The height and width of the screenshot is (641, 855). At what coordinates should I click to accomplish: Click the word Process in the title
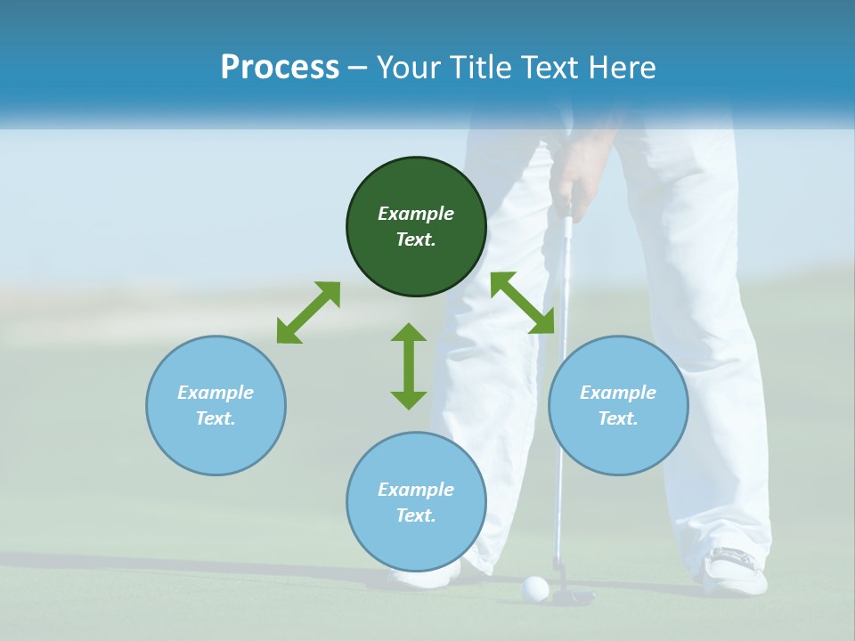pyautogui.click(x=280, y=68)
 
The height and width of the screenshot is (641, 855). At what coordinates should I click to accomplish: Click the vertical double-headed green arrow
pyautogui.click(x=409, y=366)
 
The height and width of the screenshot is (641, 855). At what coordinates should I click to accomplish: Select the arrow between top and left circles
pyautogui.click(x=308, y=312)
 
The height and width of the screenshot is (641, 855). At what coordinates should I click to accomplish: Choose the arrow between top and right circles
pyautogui.click(x=523, y=304)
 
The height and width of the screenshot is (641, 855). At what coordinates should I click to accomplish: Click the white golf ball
pyautogui.click(x=534, y=588)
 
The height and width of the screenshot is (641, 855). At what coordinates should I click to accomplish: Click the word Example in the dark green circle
pyautogui.click(x=416, y=214)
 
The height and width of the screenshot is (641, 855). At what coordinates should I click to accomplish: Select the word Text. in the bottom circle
pyautogui.click(x=416, y=515)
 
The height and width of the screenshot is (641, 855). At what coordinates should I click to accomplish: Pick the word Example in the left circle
pyautogui.click(x=216, y=393)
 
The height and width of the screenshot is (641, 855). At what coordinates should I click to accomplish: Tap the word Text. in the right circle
pyautogui.click(x=618, y=418)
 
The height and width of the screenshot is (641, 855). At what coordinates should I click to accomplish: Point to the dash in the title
pyautogui.click(x=358, y=69)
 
